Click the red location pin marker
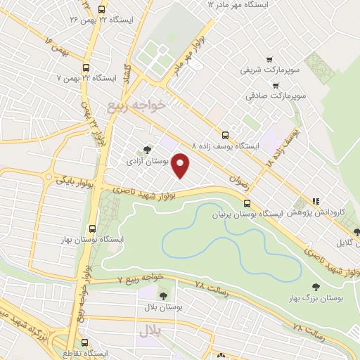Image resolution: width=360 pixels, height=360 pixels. (x=181, y=165)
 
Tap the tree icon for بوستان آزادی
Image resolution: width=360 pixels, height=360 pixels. (x=146, y=149)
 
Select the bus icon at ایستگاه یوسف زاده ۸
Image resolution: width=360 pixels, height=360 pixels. (x=225, y=134)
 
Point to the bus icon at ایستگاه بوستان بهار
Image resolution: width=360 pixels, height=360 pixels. (x=92, y=229)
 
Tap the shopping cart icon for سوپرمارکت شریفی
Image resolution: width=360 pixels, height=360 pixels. (x=268, y=60)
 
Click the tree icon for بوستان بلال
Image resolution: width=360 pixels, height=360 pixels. (x=164, y=296)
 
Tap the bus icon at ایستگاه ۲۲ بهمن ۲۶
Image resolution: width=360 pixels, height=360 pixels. (x=101, y=10)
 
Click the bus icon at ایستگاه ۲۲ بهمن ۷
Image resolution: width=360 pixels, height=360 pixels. (x=86, y=67)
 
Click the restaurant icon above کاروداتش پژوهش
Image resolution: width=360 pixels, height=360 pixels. (x=316, y=200)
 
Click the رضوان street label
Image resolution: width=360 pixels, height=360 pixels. (x=240, y=180)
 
